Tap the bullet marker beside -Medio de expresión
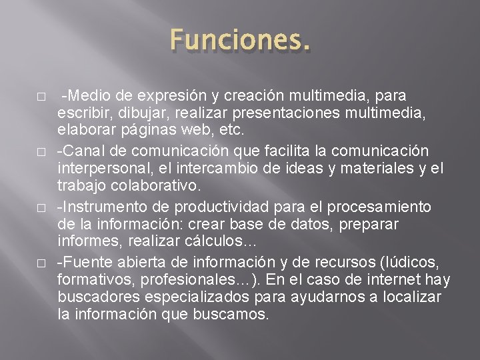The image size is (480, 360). click(41, 97)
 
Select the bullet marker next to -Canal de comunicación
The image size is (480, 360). click(41, 152)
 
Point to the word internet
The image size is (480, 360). click(401, 279)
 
